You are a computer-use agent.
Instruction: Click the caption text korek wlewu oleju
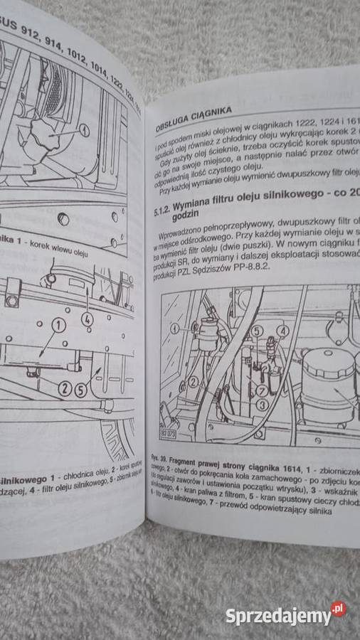click(x=51, y=250)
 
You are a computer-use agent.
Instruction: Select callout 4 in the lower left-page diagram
click(x=87, y=319)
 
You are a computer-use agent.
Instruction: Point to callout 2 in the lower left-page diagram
click(x=64, y=388)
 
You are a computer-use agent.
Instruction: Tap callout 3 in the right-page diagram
click(x=262, y=404)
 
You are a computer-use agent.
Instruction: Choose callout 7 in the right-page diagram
click(x=261, y=390)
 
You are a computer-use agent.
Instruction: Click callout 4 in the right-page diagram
click(x=283, y=331)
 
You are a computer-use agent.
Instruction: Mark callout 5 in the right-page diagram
click(x=258, y=330)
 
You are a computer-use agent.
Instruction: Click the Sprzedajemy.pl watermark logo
click(x=285, y=614)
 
